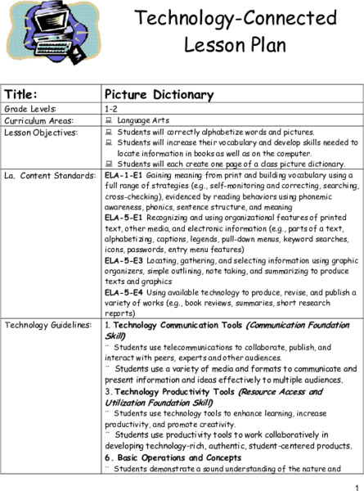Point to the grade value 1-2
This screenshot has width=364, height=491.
click(x=112, y=107)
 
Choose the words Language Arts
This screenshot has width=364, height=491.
click(x=144, y=119)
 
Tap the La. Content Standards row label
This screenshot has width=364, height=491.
click(x=46, y=176)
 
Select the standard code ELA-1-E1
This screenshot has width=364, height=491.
click(x=123, y=175)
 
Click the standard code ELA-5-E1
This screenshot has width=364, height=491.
click(x=124, y=219)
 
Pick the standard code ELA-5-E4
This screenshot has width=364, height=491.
click(x=124, y=291)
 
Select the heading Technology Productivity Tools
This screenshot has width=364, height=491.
click(x=168, y=391)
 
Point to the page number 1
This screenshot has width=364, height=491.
click(x=357, y=485)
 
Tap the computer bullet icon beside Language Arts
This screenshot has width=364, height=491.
click(x=110, y=119)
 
